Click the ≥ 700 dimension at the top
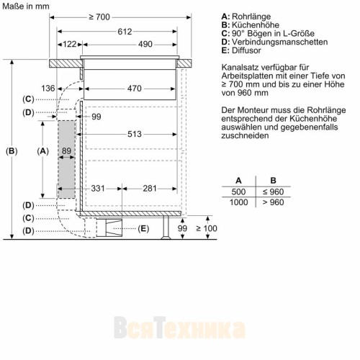[x=99, y=17]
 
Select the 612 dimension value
[x=125, y=32]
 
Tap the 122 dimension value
[x=70, y=44]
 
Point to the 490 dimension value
[x=145, y=44]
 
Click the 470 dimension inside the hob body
[x=135, y=89]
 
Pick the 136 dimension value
[x=48, y=89]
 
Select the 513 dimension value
[x=135, y=134]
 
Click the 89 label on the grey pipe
[x=66, y=150]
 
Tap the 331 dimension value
[x=98, y=189]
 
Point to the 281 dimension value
[x=150, y=189]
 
